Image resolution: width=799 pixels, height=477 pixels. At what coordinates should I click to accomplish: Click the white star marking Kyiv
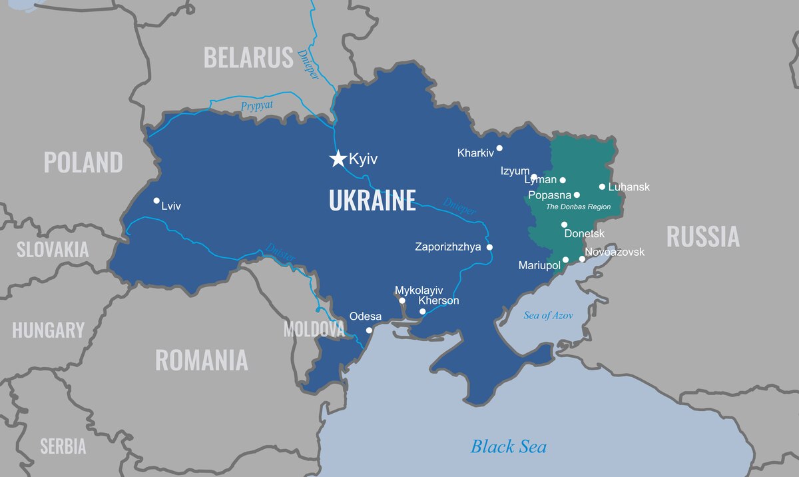click(x=338, y=159)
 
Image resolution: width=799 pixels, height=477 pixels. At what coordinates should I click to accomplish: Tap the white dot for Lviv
click(x=156, y=201)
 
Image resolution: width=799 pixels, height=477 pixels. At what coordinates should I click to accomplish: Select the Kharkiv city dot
click(x=499, y=148)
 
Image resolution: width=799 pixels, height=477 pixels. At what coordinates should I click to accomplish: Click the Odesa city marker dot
click(x=369, y=330)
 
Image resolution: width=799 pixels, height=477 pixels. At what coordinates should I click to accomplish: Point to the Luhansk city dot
click(x=602, y=187)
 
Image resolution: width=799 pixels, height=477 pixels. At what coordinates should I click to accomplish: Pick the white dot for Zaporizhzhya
click(x=489, y=247)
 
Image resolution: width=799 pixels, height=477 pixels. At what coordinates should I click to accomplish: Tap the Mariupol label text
click(x=539, y=266)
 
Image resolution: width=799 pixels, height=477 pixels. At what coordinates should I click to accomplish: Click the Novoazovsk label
click(x=615, y=252)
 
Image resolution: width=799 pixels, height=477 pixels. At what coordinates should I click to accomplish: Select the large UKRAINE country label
click(x=372, y=201)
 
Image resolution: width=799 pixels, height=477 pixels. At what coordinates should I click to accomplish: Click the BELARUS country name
click(x=248, y=58)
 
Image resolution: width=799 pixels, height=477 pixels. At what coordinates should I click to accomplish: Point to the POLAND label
click(x=83, y=163)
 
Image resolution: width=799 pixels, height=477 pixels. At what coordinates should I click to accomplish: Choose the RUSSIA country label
click(x=702, y=237)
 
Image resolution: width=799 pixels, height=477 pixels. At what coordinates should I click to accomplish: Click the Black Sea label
click(x=509, y=446)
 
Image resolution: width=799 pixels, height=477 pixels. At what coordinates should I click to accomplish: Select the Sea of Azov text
click(x=548, y=316)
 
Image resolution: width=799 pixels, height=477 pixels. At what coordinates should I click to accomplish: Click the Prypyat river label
click(x=258, y=106)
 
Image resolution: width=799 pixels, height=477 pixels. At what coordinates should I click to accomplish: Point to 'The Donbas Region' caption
click(x=578, y=207)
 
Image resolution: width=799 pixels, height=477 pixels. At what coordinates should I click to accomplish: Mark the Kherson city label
click(x=438, y=301)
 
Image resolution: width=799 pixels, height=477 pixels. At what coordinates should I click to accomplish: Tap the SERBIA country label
click(x=63, y=446)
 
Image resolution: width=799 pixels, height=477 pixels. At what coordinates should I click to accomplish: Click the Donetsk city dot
click(x=564, y=225)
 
